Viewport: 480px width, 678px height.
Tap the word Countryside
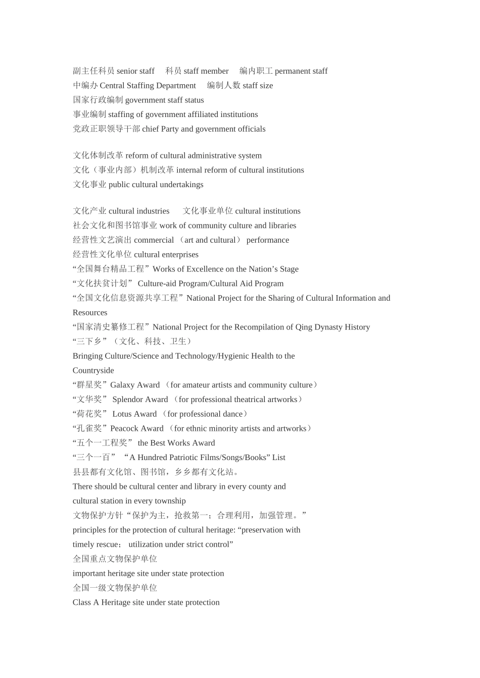(x=93, y=371)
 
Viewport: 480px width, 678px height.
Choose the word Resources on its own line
(x=90, y=313)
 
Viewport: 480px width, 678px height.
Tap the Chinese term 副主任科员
(x=93, y=71)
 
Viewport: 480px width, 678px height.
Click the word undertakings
(x=180, y=185)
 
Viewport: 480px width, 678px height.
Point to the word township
(x=169, y=501)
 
